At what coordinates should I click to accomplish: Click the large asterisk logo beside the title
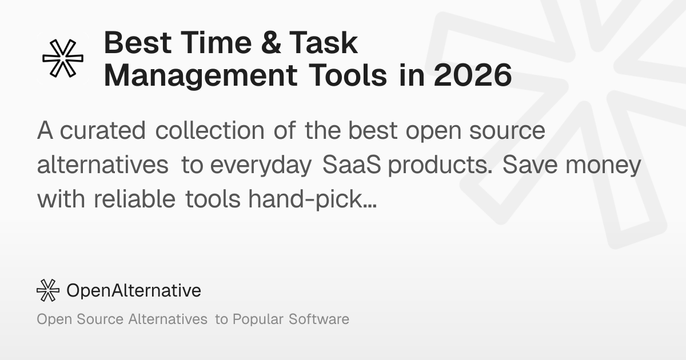[x=63, y=58]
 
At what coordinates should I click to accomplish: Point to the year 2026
[x=472, y=76]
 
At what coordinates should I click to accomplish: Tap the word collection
[x=210, y=131]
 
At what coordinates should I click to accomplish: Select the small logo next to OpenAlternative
[x=48, y=290]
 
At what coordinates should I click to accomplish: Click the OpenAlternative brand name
[x=134, y=290]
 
